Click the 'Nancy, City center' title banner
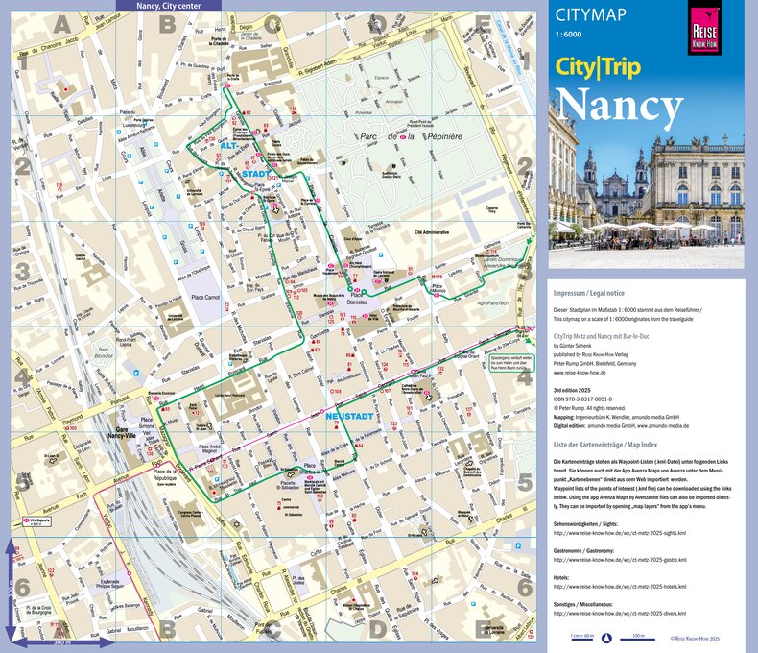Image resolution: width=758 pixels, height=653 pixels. (x=169, y=5)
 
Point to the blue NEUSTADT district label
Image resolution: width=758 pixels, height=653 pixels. (x=348, y=418)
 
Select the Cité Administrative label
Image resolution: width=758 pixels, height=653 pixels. (x=431, y=231)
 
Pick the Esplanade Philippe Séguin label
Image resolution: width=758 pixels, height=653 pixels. (x=109, y=584)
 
